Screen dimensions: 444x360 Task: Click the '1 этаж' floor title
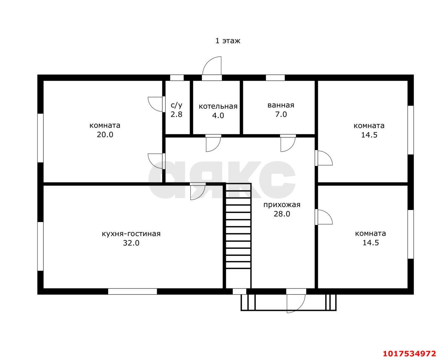[x=228, y=41]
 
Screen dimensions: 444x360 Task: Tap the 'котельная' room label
[x=218, y=106]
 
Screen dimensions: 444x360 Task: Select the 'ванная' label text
[x=281, y=105]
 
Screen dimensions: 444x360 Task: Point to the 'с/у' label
[x=176, y=105]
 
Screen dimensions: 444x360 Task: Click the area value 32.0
[x=131, y=243]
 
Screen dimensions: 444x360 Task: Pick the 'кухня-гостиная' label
[x=131, y=234]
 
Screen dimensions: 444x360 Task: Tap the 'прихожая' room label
[x=282, y=205]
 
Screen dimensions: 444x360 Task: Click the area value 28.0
[x=282, y=214]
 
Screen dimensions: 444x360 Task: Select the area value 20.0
[x=105, y=135]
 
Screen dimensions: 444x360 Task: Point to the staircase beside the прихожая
[x=238, y=236]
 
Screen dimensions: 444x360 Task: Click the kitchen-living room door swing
[x=198, y=192]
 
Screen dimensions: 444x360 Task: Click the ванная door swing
[x=288, y=143]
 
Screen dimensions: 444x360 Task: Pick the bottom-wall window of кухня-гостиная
[x=133, y=291]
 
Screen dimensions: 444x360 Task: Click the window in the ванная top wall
[x=275, y=78]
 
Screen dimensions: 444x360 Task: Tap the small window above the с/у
[x=177, y=78]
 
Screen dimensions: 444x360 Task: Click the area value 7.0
[x=281, y=114]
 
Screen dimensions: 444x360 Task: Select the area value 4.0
[x=218, y=115]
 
